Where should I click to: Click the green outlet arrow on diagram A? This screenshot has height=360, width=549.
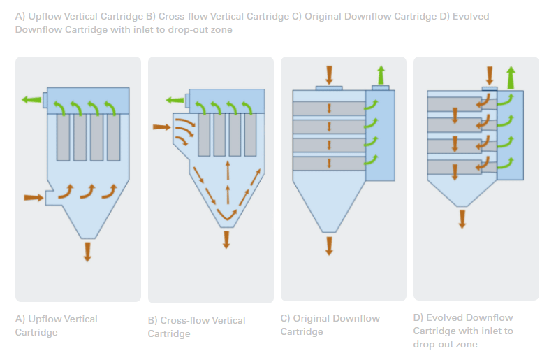pos(31,100)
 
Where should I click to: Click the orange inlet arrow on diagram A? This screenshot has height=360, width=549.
pos(34,198)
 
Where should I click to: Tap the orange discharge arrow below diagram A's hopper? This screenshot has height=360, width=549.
pos(87,252)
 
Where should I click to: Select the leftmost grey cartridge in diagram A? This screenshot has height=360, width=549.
pos(63,138)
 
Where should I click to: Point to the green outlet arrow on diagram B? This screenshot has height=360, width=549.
pos(175,101)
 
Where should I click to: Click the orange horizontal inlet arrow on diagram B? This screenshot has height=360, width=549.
pos(162,127)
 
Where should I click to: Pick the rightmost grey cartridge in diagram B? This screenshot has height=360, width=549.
pos(250,135)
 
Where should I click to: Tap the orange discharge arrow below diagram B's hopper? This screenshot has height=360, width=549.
pos(226,239)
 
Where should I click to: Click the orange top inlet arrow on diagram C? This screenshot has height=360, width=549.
pos(329,75)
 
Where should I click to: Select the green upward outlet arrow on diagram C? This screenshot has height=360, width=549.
pos(381,75)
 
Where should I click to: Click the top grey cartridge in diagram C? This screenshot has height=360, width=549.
pos(329,108)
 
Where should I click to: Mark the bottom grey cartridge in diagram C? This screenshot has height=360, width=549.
pos(329,164)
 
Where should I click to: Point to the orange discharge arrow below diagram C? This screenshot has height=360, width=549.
pos(329,246)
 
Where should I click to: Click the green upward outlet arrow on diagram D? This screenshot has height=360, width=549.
pos(511,77)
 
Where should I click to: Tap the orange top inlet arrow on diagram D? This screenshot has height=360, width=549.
pos(490,75)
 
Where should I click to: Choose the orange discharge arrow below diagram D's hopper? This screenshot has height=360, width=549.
pos(462,219)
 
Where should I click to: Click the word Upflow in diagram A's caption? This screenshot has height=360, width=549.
pos(45,319)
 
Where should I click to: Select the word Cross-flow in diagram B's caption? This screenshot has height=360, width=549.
pos(184,320)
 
